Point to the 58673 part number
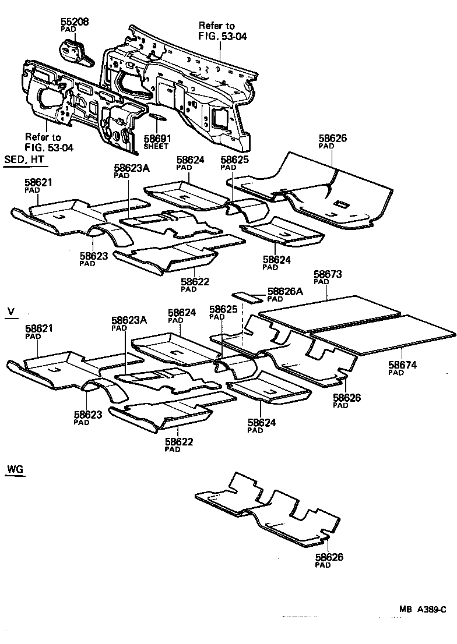(x=328, y=274)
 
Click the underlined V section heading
(x=10, y=312)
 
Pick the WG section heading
(x=15, y=469)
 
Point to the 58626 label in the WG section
(x=329, y=557)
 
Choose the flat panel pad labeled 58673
(x=329, y=314)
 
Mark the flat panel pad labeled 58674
(x=385, y=335)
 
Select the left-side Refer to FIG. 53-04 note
(x=49, y=143)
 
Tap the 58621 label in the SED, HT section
(x=38, y=183)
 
